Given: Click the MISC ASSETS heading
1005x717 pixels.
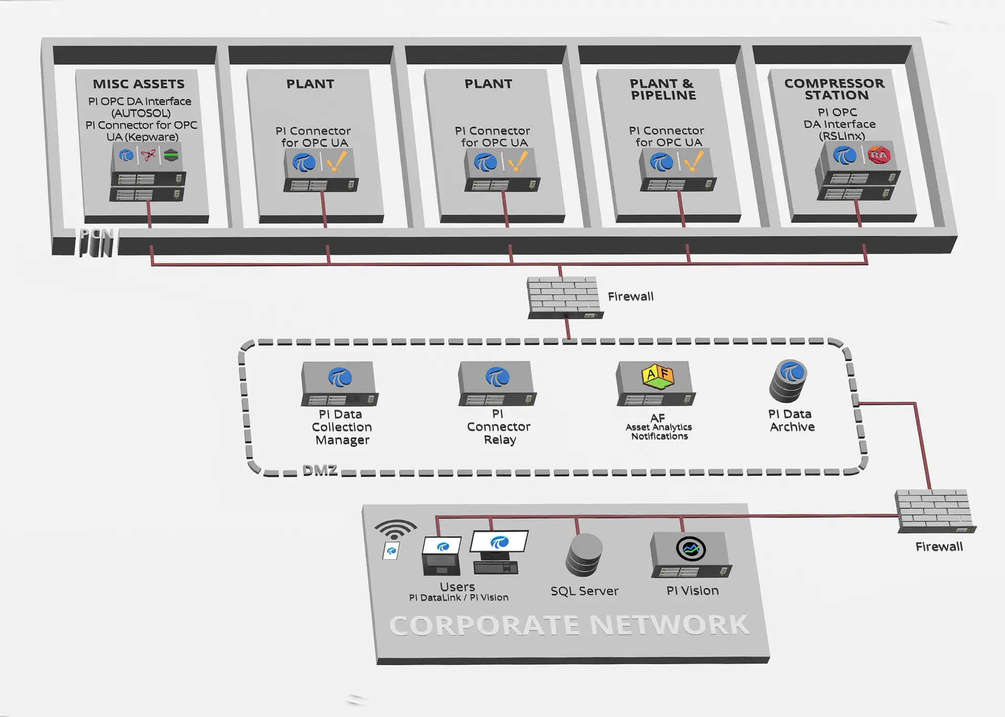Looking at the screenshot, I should pos(139,84).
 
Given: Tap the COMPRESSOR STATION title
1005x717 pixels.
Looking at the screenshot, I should pos(835,89).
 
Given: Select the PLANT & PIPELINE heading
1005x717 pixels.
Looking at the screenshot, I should pos(663,89).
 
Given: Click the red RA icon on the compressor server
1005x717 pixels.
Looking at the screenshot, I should pos(879,155).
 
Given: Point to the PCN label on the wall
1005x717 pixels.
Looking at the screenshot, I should pos(96,242).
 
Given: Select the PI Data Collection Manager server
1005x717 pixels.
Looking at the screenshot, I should pos(339,384).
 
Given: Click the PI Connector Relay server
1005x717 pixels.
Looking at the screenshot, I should pos(497,384).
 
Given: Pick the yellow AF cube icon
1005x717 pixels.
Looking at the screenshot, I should pos(658,376).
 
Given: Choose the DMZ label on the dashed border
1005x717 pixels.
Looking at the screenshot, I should pos(320,470).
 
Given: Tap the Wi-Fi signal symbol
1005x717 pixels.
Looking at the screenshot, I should pos(396,529).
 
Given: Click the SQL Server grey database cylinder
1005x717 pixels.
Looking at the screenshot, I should pos(584,555).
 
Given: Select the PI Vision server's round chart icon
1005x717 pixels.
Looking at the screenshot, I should pos(691,549).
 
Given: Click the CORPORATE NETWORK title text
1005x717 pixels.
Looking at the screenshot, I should pos(569,625).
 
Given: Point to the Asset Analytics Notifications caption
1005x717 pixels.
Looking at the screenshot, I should pos(659,431).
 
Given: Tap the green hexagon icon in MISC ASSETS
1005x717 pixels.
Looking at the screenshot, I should pos(171,155).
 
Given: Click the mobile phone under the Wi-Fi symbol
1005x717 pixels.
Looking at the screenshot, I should pos(391,551).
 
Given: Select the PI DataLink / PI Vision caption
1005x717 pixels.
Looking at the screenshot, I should pos(459,597).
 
